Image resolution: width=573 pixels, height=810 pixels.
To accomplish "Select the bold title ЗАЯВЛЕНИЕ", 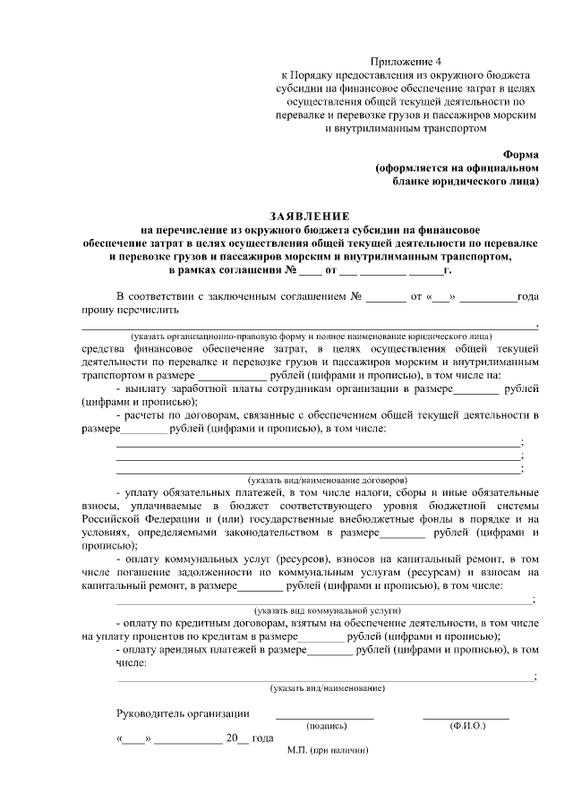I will (x=311, y=217).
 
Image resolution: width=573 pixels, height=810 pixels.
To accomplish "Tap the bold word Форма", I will (x=521, y=153).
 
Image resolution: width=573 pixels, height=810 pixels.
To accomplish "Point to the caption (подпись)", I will (x=324, y=726).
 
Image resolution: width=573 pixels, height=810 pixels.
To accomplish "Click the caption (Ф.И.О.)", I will (x=466, y=726).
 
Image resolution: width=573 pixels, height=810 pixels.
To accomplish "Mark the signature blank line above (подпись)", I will (x=324, y=718).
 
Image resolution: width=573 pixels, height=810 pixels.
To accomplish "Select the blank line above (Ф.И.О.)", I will (x=466, y=718).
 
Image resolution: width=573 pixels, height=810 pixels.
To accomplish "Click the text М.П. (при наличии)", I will (x=329, y=750).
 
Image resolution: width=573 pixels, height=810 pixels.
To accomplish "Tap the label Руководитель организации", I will (x=184, y=713).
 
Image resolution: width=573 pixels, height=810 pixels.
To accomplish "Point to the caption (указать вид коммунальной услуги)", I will (x=328, y=609).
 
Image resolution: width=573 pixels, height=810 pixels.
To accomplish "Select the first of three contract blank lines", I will (x=318, y=443).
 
